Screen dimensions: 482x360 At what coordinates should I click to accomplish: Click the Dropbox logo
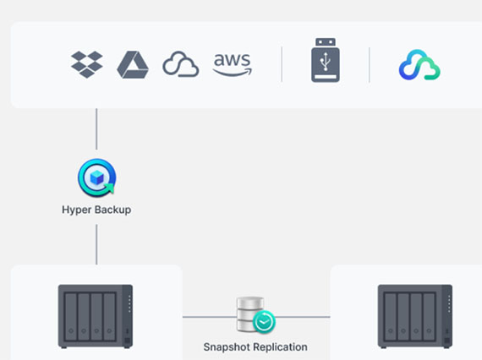point(87,64)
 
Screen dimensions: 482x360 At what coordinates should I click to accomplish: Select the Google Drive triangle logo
point(133,65)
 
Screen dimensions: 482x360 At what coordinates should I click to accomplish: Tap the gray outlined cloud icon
point(181,64)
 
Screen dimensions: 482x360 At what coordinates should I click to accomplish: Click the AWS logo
point(233,64)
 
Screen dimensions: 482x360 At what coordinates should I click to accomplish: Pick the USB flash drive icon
point(326,60)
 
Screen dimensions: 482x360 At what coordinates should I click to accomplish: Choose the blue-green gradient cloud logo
point(419,65)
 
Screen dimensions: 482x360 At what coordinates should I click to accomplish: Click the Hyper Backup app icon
point(97,177)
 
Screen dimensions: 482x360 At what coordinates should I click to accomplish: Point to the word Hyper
point(77,210)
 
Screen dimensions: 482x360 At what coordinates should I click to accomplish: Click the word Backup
point(113,210)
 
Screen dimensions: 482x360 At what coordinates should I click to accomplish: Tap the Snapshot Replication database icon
point(255,315)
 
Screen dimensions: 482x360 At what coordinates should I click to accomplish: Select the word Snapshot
point(227,347)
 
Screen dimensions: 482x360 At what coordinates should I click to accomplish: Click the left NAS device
point(96,316)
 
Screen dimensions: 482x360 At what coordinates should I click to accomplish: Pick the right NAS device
point(415,316)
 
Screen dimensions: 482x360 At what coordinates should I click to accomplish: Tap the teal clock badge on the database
point(264,322)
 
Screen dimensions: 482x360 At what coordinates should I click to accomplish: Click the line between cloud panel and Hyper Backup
point(96,129)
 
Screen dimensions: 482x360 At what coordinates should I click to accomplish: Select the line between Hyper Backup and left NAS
point(96,244)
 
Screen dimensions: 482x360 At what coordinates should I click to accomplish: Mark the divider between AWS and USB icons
point(282,64)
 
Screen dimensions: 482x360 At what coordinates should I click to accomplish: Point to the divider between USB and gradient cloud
point(370,65)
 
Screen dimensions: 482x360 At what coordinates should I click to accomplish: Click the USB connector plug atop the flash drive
point(326,42)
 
